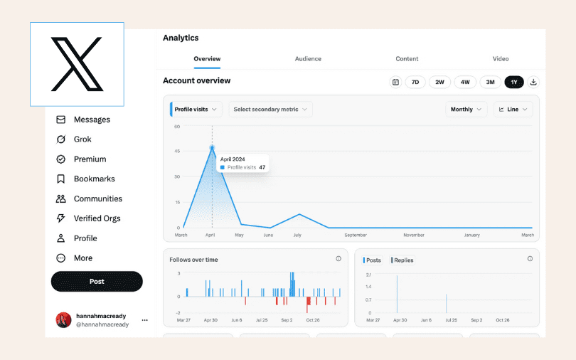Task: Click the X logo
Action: click(77, 64)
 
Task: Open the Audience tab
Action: click(308, 59)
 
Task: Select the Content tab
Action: click(407, 59)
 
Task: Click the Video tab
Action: click(501, 59)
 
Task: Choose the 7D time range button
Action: click(415, 82)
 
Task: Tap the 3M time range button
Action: click(490, 82)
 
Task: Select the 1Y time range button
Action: click(513, 82)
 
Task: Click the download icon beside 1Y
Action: click(533, 82)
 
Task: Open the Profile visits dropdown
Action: click(197, 110)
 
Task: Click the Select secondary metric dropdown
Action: click(270, 110)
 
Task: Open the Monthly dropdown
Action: click(466, 110)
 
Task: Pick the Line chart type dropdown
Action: click(513, 110)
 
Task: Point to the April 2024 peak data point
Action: click(212, 148)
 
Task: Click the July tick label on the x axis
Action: click(298, 235)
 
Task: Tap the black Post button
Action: click(97, 282)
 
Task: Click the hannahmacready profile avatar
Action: click(63, 320)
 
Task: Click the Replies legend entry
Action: click(402, 260)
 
